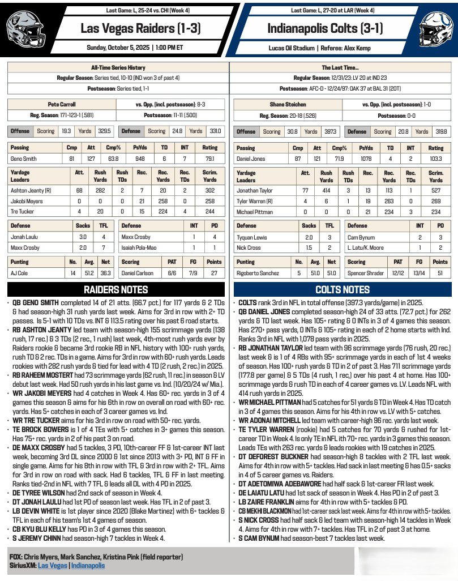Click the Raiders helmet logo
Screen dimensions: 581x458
(26, 28)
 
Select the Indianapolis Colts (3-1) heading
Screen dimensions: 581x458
(319, 28)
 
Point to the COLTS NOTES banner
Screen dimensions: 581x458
(343, 290)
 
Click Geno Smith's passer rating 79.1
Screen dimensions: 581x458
(209, 159)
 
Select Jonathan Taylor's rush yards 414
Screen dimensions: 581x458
(326, 191)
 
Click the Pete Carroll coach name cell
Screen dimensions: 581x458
(62, 104)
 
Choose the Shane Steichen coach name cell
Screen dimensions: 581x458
(288, 104)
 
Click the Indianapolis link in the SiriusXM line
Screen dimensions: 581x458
(88, 565)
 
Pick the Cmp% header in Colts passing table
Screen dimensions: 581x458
(339, 148)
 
